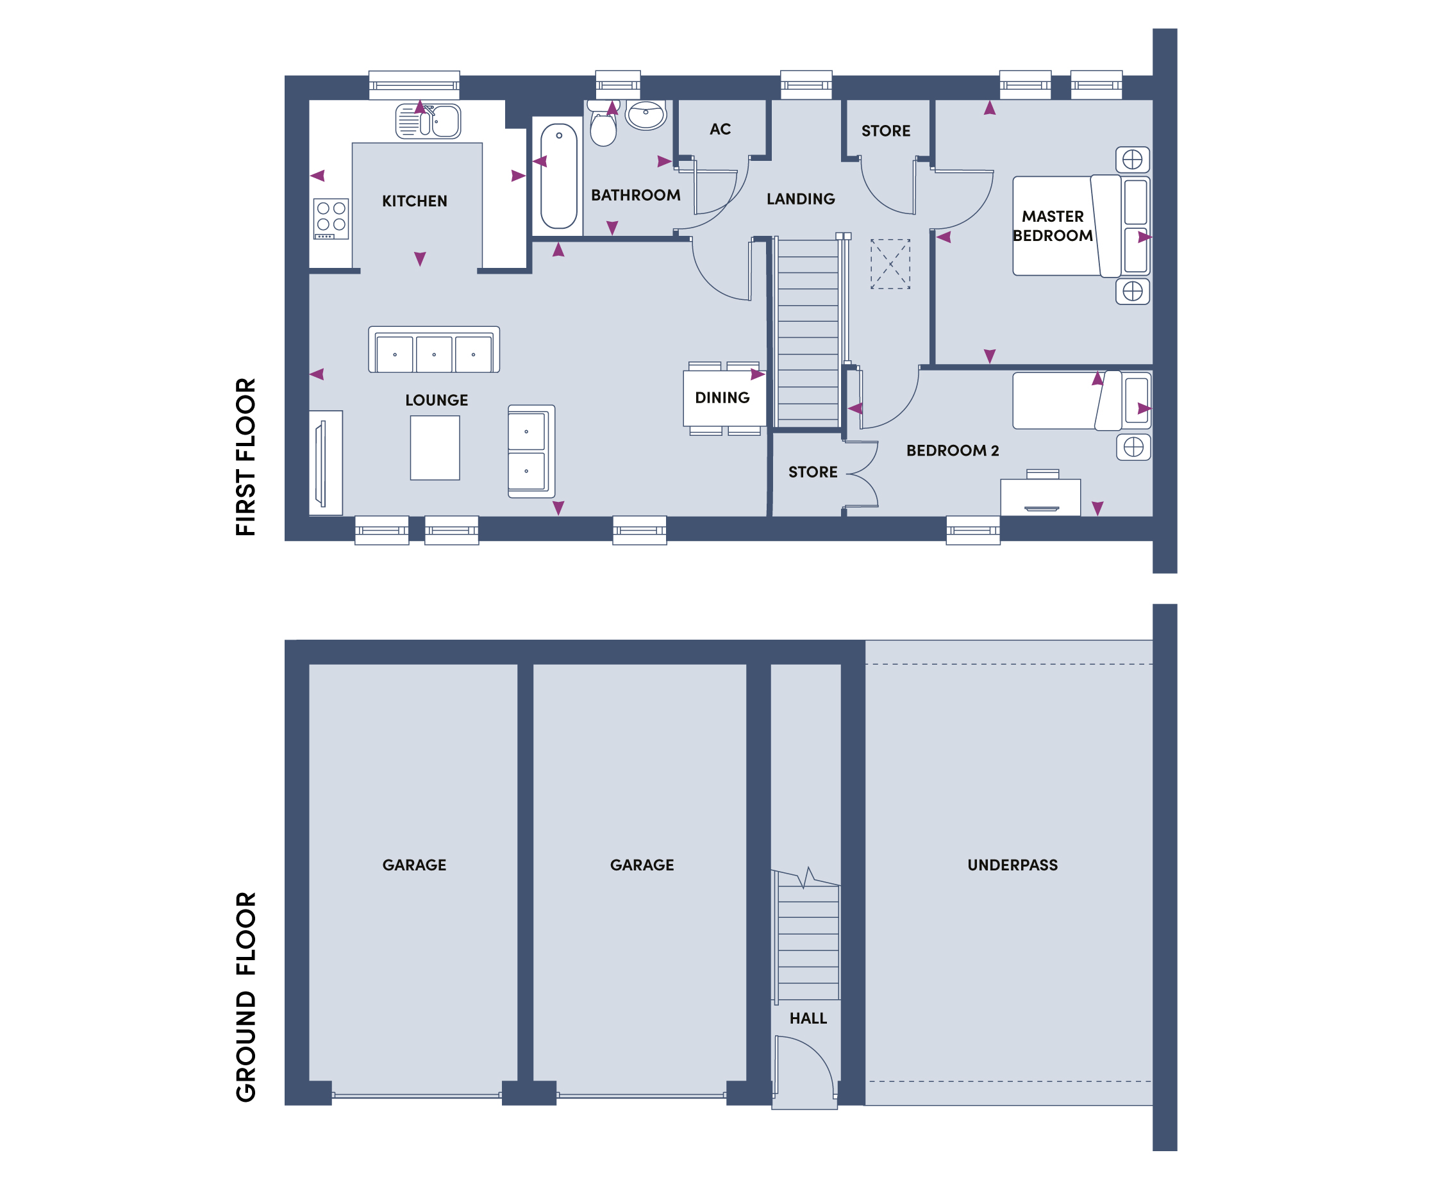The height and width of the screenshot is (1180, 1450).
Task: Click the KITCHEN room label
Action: coord(414,201)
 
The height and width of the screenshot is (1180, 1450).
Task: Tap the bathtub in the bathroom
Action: coord(558,176)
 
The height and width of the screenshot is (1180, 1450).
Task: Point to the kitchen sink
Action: coord(428,121)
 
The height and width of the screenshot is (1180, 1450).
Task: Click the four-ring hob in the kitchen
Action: coord(331,218)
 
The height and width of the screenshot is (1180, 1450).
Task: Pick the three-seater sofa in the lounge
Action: coord(434,349)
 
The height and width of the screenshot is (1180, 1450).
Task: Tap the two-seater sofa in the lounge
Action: coord(531,451)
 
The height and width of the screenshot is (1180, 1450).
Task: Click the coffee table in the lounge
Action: coord(435,448)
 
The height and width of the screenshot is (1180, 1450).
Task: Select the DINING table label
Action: coord(722,397)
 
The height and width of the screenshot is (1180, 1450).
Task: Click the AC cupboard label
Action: coord(720,129)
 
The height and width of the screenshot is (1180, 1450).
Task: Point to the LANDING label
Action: coord(800,199)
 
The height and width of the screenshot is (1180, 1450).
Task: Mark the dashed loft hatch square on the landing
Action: coord(890,263)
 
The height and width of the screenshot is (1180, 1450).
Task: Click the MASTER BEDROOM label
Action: coord(1053,226)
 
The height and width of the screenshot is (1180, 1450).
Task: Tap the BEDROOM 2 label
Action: coord(953,451)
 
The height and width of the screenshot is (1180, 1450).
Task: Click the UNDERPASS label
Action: coord(1012,865)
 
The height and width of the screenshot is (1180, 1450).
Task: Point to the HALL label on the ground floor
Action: coord(808,1018)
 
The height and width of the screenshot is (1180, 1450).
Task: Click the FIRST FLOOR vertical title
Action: coord(246,457)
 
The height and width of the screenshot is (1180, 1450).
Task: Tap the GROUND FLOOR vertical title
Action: coord(246,997)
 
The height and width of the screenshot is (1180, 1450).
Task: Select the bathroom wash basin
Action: coord(646,115)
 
